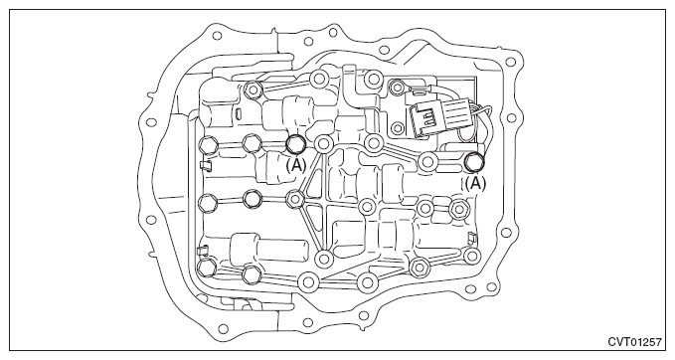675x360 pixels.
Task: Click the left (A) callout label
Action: [x=296, y=167]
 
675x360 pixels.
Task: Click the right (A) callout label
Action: [x=476, y=183]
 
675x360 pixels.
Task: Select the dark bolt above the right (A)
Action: [x=475, y=161]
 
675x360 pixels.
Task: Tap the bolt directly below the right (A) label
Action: [x=459, y=208]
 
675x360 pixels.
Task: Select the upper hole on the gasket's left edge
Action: [x=151, y=124]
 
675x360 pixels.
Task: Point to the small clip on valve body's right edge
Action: [x=475, y=239]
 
